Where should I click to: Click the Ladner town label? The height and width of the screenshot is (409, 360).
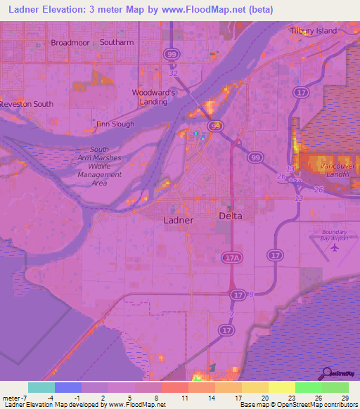coord(177,219)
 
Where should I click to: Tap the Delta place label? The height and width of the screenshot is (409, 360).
coord(230,216)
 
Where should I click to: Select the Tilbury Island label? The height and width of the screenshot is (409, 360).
coord(314,31)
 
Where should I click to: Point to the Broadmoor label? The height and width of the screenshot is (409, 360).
coord(70,43)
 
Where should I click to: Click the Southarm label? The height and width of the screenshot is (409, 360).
coord(116,43)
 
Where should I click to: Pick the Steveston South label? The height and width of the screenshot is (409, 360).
coord(26,104)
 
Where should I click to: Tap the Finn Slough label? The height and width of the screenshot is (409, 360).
coord(115,124)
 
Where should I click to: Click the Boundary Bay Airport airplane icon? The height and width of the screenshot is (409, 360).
coord(334,247)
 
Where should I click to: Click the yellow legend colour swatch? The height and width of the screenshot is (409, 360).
coord(281,387)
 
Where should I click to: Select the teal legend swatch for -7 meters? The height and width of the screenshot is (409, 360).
coord(41,387)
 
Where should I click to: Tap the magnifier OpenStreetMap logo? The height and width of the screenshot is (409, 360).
coord(328,372)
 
